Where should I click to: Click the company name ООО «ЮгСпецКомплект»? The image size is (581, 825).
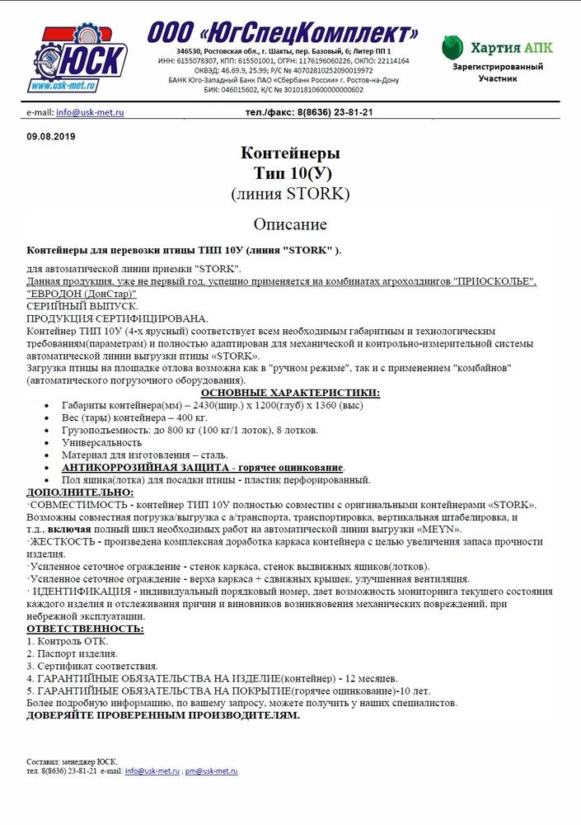pyautogui.click(x=283, y=33)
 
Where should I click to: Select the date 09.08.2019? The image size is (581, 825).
pyautogui.click(x=51, y=136)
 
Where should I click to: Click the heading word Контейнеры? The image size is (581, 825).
pyautogui.click(x=290, y=153)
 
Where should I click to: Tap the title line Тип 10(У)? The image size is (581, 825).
pyautogui.click(x=290, y=173)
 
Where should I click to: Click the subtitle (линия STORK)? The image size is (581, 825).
pyautogui.click(x=290, y=195)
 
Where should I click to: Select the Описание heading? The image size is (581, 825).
pyautogui.click(x=290, y=224)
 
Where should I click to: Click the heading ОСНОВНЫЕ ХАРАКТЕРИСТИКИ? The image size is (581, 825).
pyautogui.click(x=290, y=393)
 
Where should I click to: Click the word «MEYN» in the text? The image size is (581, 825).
pyautogui.click(x=441, y=529)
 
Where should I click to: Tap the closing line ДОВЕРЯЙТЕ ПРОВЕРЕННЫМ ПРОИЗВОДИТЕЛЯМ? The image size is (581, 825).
pyautogui.click(x=163, y=715)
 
